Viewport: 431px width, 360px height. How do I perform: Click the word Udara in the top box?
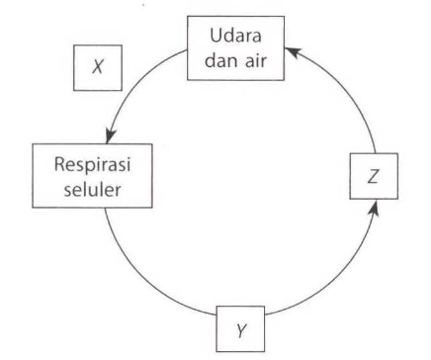(x=234, y=37)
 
